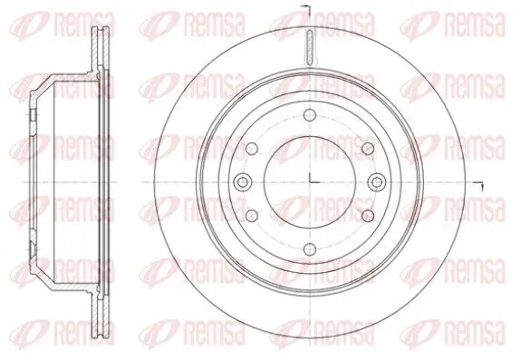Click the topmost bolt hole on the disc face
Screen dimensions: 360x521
(x=310, y=113)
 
